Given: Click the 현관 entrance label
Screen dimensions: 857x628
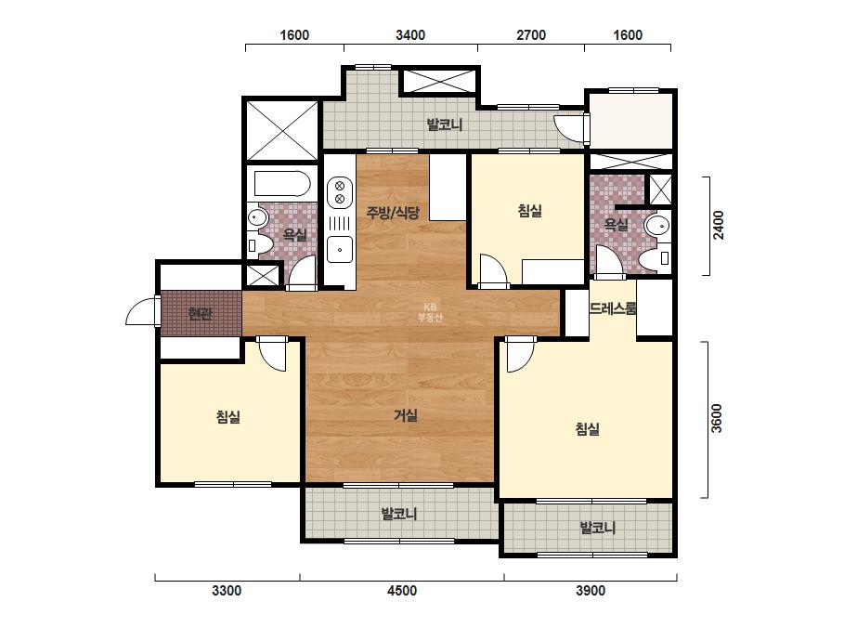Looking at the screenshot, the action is (x=200, y=314).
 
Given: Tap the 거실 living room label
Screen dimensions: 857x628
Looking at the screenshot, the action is (x=406, y=416).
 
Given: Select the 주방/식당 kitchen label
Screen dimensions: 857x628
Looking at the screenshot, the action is (x=393, y=212).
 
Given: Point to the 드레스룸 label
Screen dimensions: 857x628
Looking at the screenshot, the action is (x=613, y=308).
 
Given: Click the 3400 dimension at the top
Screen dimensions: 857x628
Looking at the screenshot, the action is (x=409, y=35).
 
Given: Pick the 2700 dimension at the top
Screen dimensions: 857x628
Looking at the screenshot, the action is (x=531, y=35).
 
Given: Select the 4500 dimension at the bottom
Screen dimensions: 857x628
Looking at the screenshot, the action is (x=402, y=591).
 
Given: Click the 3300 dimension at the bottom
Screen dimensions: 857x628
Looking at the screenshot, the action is (x=227, y=591).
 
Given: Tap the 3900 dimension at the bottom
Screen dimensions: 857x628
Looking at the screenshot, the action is (x=591, y=591).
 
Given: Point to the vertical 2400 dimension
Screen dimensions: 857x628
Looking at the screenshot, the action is (x=718, y=225).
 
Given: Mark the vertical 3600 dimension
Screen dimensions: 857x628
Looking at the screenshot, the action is (x=717, y=418).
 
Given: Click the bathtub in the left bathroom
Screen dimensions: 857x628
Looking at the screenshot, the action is (x=282, y=183).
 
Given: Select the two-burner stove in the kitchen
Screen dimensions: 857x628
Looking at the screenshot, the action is (x=340, y=192).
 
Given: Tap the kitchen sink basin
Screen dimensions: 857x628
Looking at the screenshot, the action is (x=340, y=250).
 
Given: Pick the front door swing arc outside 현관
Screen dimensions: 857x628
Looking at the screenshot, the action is (x=139, y=309).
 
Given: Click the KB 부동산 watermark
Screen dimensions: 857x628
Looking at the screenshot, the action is (x=430, y=312).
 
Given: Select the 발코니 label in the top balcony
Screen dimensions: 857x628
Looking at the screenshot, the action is (x=445, y=124).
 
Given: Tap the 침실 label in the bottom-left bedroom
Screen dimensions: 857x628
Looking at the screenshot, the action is (x=228, y=417).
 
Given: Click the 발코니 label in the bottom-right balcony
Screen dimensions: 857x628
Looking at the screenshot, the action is (x=597, y=528).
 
